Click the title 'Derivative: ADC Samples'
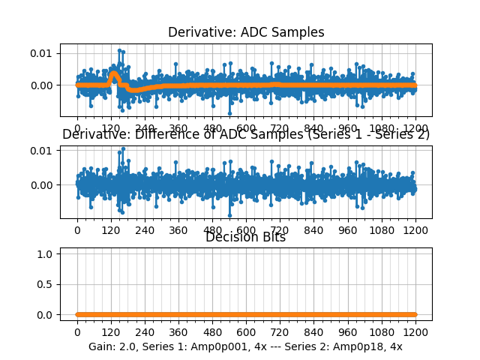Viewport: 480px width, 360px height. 246,32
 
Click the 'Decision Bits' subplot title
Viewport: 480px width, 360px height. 245,237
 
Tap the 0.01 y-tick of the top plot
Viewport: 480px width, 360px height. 40,52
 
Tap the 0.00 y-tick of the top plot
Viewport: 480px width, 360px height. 40,85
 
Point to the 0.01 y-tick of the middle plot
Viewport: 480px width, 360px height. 40,151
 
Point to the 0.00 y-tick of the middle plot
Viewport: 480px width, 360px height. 40,184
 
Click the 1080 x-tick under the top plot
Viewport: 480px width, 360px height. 382,128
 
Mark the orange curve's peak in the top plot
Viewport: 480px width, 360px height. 114,73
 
